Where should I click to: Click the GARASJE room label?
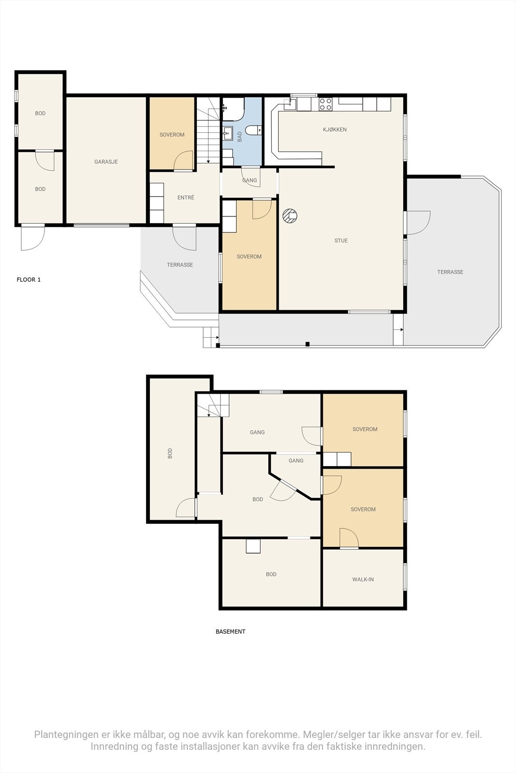click(x=106, y=161)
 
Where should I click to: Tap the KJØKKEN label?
click(x=335, y=129)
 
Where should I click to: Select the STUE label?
click(x=341, y=241)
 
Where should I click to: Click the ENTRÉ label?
click(x=186, y=198)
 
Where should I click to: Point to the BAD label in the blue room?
click(x=240, y=137)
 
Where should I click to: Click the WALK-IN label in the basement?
click(x=363, y=579)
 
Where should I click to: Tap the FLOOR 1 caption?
click(x=29, y=280)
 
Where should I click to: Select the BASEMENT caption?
click(x=230, y=631)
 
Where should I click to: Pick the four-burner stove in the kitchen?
click(x=325, y=104)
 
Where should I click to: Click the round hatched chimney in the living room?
click(x=290, y=216)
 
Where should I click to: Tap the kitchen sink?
click(x=290, y=103)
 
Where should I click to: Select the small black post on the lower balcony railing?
click(x=308, y=344)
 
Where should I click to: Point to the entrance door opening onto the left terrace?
click(x=184, y=238)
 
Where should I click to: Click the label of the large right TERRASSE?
click(x=450, y=272)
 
